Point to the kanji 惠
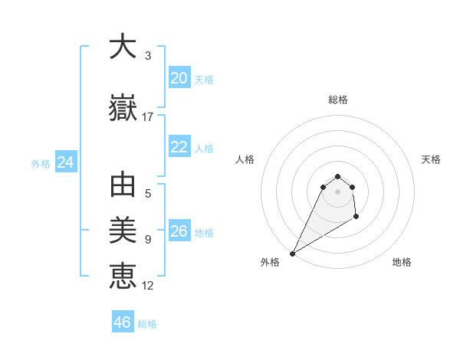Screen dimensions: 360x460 (123, 274)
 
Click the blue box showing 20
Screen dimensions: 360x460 (179, 78)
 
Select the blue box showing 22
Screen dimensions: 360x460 (179, 147)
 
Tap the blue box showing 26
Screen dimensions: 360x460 (179, 231)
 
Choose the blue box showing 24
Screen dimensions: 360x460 (65, 162)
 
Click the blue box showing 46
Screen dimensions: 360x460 (122, 322)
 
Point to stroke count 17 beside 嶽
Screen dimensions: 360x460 (148, 117)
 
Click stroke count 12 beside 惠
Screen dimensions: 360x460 (148, 286)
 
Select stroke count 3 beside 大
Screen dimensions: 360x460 (148, 56)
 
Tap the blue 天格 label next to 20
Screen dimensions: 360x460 (203, 80)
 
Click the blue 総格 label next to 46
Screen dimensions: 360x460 (147, 324)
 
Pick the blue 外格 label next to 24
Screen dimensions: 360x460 (41, 164)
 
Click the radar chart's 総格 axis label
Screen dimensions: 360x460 (337, 100)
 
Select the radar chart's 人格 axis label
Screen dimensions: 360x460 (245, 159)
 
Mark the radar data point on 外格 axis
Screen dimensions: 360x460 (292, 253)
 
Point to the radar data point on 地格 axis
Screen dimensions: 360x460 (356, 218)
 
